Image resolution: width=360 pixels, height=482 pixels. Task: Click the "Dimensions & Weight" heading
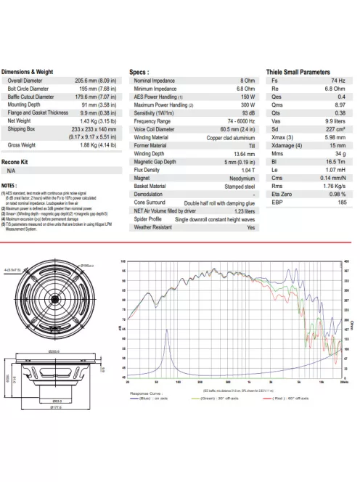pyautogui.click(x=28, y=73)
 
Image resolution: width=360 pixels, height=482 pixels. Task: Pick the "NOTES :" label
pyautogui.click(x=10, y=186)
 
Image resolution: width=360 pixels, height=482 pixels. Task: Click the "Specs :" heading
pyautogui.click(x=139, y=73)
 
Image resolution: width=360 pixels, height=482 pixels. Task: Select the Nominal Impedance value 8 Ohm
pyautogui.click(x=247, y=81)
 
